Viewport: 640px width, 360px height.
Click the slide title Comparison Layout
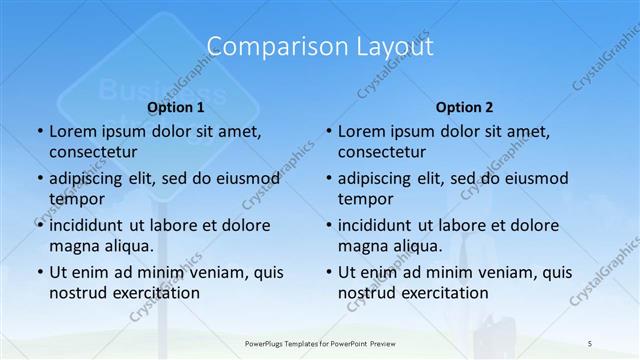[320, 46]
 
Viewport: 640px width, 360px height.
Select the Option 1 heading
[176, 106]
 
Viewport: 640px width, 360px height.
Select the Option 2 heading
[465, 106]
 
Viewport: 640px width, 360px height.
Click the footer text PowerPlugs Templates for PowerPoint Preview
[320, 343]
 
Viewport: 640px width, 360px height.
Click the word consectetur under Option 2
[382, 152]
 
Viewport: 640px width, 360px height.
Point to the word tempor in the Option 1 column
[75, 199]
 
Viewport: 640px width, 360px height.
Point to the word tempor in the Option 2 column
[364, 199]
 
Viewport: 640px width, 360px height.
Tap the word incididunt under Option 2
[376, 225]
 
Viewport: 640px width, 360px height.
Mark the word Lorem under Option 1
[72, 131]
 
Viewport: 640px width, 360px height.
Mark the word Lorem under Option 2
[361, 131]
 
